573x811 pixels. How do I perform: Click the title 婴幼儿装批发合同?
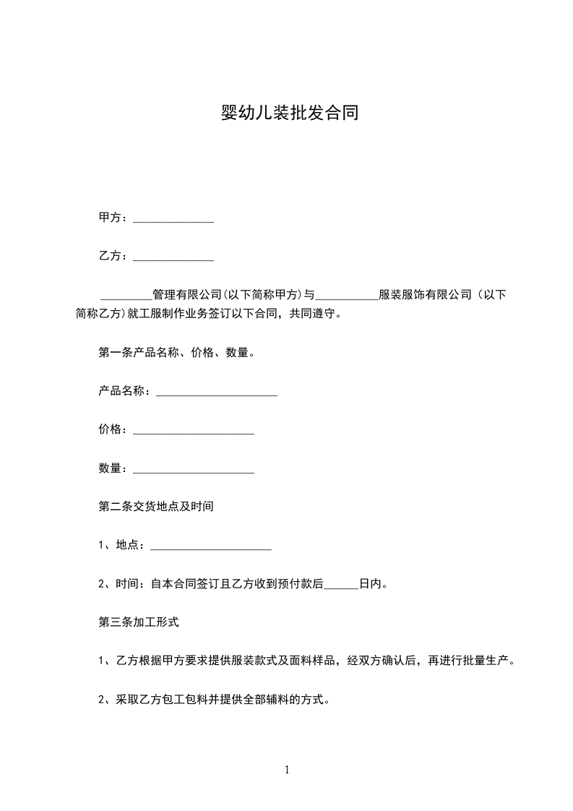pyautogui.click(x=288, y=113)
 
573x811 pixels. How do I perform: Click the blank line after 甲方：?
pyautogui.click(x=173, y=218)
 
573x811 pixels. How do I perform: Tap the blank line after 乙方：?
pyautogui.click(x=173, y=257)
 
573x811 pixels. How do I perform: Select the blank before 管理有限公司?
pyautogui.click(x=126, y=296)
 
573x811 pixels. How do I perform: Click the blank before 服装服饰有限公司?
pyautogui.click(x=347, y=296)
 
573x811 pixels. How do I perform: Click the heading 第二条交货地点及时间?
pyautogui.click(x=156, y=507)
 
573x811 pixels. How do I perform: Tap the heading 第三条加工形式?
pyautogui.click(x=138, y=622)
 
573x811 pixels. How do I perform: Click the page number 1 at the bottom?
pyautogui.click(x=287, y=771)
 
